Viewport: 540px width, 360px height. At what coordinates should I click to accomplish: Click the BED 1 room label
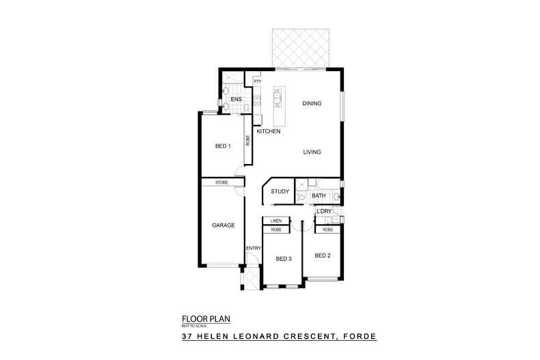(223, 146)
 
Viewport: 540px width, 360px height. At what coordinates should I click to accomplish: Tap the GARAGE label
(224, 225)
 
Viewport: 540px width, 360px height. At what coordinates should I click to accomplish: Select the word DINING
(312, 104)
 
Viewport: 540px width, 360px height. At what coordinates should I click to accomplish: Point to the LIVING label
(312, 152)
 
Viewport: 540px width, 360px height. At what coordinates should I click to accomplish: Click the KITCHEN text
(269, 131)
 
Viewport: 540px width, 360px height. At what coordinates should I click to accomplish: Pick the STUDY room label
(280, 191)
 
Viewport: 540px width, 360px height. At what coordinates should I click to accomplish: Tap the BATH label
(319, 196)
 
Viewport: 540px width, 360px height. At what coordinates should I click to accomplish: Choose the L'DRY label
(323, 212)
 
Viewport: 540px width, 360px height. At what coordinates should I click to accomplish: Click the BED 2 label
(323, 255)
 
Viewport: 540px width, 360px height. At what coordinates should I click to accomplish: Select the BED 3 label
(284, 259)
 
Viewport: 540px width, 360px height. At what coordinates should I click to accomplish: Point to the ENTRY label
(254, 247)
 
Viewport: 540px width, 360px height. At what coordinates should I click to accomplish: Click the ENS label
(236, 100)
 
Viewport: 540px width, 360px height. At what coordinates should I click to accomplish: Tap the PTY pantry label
(258, 82)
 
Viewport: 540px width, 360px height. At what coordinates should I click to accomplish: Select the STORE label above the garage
(221, 182)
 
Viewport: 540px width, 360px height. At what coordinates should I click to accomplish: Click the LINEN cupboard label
(276, 221)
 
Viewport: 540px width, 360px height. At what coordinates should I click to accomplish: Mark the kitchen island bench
(278, 98)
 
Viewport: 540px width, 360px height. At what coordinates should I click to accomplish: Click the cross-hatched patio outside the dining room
(300, 49)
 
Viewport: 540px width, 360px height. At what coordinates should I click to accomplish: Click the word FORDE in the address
(361, 337)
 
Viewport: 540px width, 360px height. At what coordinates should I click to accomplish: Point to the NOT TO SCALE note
(193, 325)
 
